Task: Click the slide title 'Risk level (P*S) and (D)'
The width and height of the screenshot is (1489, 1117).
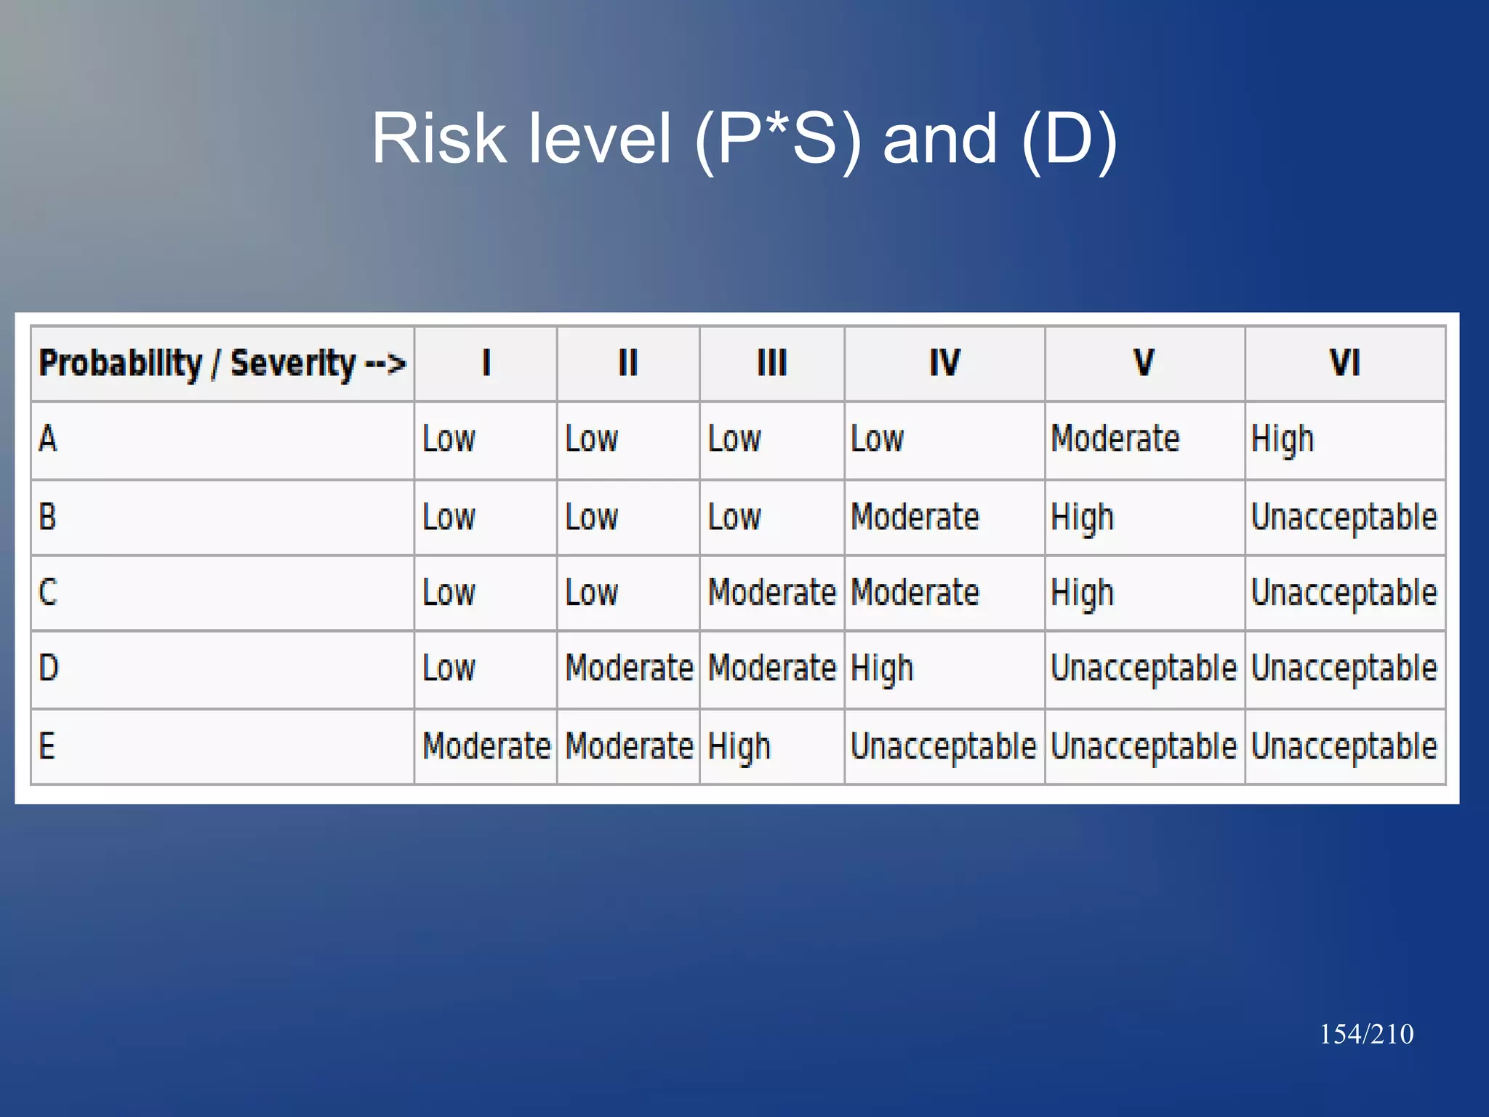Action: [x=744, y=138]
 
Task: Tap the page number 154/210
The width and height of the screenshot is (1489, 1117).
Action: [x=1366, y=1034]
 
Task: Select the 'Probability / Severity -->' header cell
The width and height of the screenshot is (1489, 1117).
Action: [x=222, y=364]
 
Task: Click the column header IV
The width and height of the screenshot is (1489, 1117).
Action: [x=944, y=364]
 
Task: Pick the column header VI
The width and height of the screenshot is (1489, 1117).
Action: [x=1344, y=364]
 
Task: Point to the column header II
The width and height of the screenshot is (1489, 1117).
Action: [x=627, y=364]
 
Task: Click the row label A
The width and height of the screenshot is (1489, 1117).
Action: [x=48, y=439]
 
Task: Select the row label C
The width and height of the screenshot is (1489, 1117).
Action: [x=48, y=592]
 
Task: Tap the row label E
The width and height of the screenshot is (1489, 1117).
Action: [x=47, y=746]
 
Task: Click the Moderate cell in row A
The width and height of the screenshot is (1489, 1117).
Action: [x=1115, y=439]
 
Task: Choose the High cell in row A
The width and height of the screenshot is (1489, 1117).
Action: [x=1283, y=439]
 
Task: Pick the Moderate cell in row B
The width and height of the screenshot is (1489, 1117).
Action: [x=915, y=517]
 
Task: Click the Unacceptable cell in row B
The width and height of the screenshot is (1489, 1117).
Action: [x=1344, y=517]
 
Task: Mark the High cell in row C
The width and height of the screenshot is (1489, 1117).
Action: [x=1082, y=593]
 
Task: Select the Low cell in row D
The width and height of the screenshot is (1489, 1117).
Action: [x=449, y=668]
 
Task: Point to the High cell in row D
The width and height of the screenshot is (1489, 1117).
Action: [x=881, y=668]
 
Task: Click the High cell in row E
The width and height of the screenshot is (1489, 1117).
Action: [x=739, y=747]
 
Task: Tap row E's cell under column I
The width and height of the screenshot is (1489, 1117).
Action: [x=486, y=747]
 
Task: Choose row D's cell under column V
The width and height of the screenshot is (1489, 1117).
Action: [x=1144, y=668]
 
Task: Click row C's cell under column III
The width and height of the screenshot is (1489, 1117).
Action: [x=772, y=593]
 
